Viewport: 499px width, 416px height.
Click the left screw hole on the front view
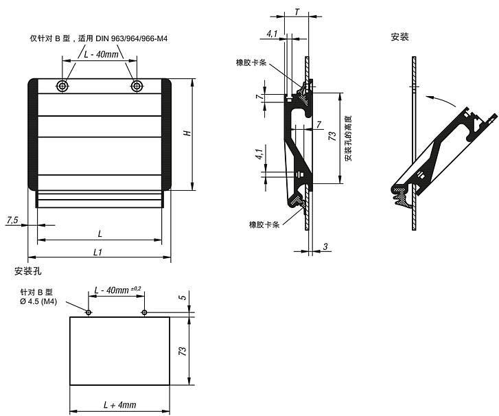[62, 86]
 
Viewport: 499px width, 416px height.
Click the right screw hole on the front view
[137, 86]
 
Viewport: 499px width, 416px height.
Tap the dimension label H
[188, 132]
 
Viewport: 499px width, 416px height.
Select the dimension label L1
[98, 253]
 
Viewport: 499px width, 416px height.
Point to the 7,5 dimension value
[12, 220]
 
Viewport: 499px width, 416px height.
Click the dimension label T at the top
[297, 12]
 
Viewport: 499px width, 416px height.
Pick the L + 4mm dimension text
[120, 405]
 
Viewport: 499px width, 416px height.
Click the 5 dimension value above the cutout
[183, 298]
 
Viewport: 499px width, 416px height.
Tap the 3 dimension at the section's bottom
[325, 246]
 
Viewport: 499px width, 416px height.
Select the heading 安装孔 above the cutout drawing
[27, 271]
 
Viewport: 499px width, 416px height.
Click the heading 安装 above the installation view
[399, 37]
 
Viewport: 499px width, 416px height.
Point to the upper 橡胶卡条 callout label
[251, 62]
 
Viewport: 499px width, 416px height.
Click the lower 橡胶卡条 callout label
[264, 224]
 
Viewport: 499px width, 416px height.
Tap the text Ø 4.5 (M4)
[38, 301]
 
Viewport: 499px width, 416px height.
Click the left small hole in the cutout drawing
[89, 312]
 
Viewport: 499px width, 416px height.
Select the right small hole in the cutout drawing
[144, 312]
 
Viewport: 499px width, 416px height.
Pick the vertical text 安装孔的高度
[349, 138]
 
